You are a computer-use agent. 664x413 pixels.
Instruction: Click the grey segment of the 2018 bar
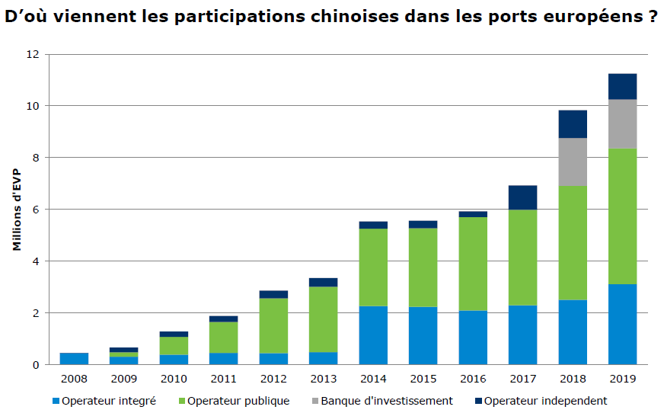pyautogui.click(x=573, y=162)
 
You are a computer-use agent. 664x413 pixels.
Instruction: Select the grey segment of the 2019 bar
pyautogui.click(x=622, y=123)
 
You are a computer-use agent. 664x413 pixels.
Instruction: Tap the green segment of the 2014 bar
pyautogui.click(x=373, y=267)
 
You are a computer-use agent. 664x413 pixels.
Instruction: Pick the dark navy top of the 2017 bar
pyautogui.click(x=522, y=197)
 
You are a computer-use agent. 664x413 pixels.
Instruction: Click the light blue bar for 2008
pyautogui.click(x=74, y=358)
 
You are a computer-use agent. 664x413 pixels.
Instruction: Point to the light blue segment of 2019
pyautogui.click(x=622, y=324)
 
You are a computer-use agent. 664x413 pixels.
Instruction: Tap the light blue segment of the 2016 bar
pyautogui.click(x=473, y=337)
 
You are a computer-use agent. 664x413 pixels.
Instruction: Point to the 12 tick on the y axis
pyautogui.click(x=32, y=55)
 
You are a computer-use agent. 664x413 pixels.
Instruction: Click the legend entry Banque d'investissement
pyautogui.click(x=387, y=401)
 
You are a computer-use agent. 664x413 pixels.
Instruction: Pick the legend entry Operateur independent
pyautogui.click(x=545, y=401)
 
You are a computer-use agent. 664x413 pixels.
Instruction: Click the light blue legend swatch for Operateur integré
pyautogui.click(x=56, y=401)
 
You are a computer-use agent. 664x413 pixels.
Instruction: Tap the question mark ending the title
pyautogui.click(x=653, y=17)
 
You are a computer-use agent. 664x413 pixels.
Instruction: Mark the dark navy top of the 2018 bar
pyautogui.click(x=573, y=123)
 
